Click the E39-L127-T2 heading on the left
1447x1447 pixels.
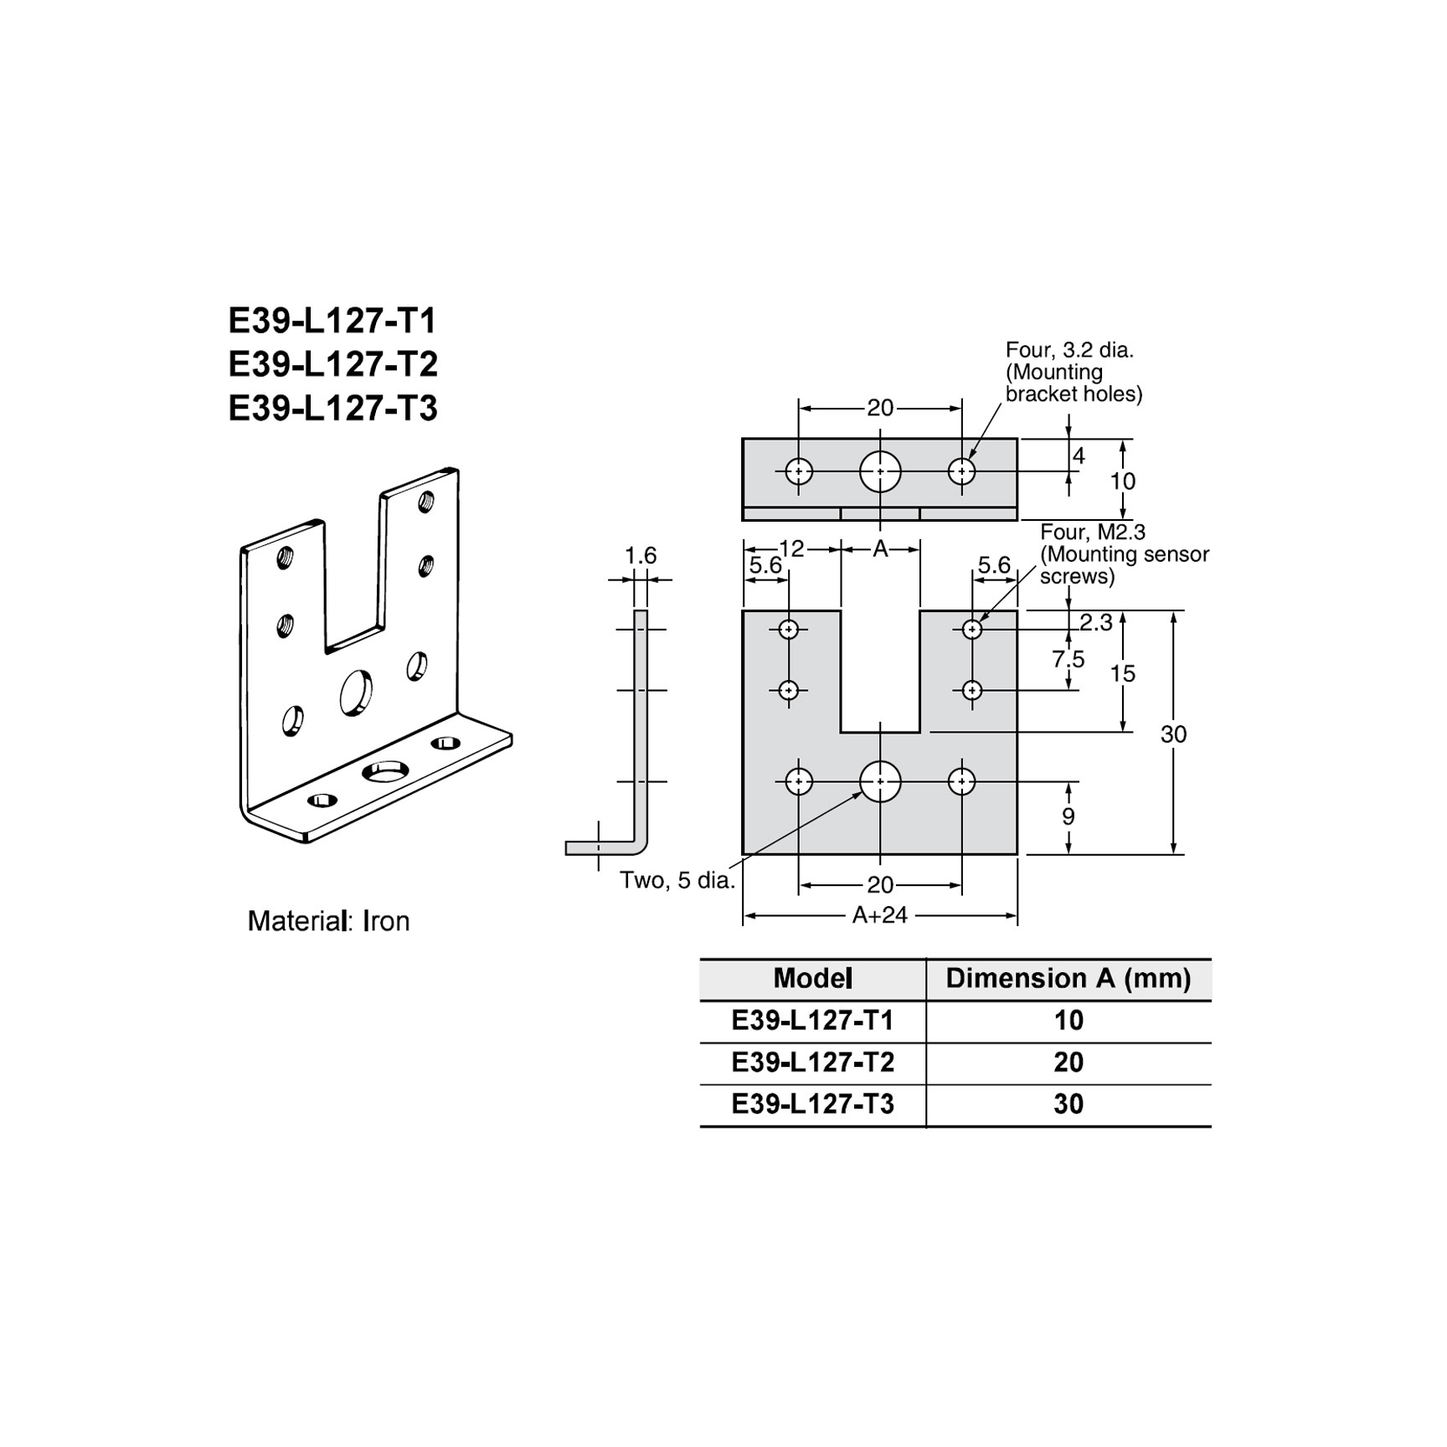(x=332, y=364)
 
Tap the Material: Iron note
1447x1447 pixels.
(x=328, y=921)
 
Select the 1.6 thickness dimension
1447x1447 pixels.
(x=641, y=555)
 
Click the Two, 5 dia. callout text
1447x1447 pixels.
(x=677, y=880)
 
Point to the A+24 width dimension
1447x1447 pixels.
(x=879, y=915)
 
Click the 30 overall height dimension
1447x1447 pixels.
(x=1173, y=734)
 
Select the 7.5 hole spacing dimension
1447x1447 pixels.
(x=1069, y=659)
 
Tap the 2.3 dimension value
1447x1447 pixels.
(x=1095, y=622)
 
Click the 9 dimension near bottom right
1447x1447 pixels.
(x=1069, y=816)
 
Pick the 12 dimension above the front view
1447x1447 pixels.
(x=791, y=548)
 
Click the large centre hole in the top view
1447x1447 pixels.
(x=880, y=471)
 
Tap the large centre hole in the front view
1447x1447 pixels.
(x=880, y=781)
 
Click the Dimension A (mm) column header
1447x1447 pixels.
(x=1068, y=978)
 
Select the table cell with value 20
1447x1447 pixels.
(x=1068, y=1062)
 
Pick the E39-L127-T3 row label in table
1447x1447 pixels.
(x=812, y=1104)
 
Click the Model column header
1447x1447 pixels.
(x=812, y=978)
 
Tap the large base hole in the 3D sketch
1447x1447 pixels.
(x=385, y=770)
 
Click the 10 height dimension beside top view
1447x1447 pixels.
(x=1122, y=481)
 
